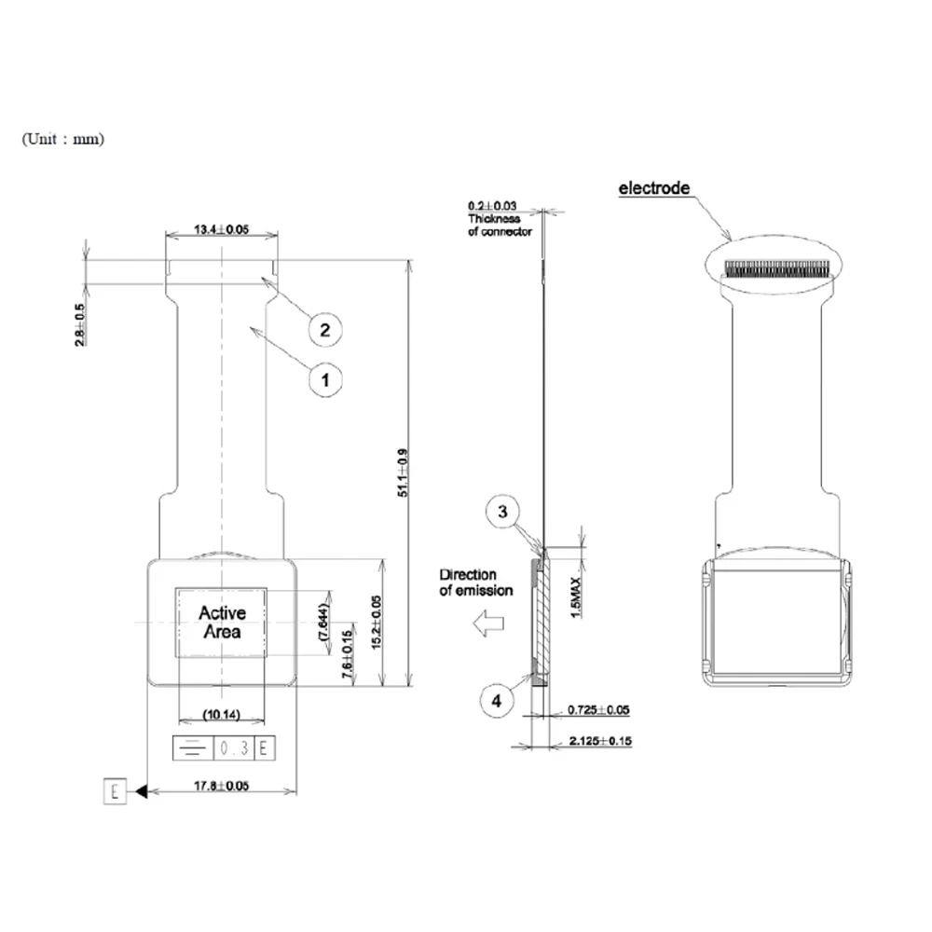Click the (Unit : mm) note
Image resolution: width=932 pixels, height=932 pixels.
point(63,139)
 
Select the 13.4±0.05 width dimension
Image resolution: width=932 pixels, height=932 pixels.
point(221,229)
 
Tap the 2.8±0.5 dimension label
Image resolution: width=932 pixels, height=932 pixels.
point(79,325)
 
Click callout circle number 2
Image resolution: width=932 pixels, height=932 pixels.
point(324,329)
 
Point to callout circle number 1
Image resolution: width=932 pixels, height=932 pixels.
point(324,379)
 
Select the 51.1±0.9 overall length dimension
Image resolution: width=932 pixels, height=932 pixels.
point(403,473)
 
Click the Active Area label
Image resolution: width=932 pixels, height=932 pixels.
point(222,623)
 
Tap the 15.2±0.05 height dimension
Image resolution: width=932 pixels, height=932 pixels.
point(377,623)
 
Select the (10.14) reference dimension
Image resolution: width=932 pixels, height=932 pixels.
point(222,716)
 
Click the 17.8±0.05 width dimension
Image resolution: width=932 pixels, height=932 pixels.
point(222,786)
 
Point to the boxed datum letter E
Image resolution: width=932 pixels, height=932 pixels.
point(114,792)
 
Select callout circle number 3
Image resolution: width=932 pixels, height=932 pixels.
point(501,512)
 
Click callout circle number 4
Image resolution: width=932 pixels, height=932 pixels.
point(496,700)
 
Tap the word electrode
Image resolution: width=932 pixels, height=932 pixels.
point(654,188)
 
